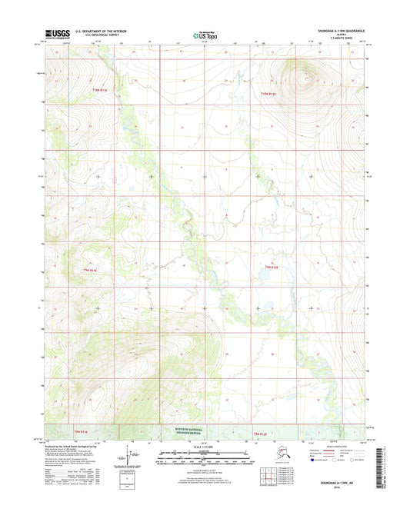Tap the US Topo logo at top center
pos(204,34)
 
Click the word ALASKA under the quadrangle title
pos(343,34)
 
